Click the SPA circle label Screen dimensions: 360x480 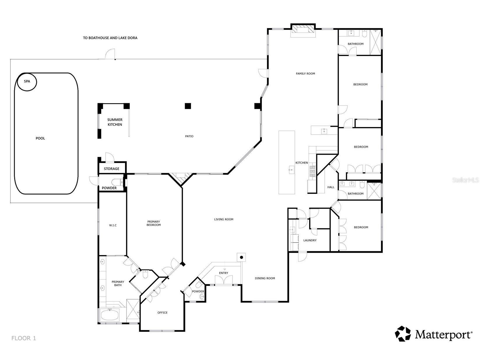coord(27,81)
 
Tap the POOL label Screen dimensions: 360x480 coord(40,138)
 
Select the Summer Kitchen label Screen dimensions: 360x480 coord(115,122)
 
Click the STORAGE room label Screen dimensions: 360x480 coord(111,168)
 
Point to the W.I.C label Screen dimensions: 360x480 coord(113,225)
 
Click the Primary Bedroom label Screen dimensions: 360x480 coord(154,223)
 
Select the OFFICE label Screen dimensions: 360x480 coord(162,312)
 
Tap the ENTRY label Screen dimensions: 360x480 coord(224,273)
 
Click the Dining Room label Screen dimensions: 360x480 coord(265,278)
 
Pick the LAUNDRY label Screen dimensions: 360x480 coord(310,240)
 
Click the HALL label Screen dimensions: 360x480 coord(331,187)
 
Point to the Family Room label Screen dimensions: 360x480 coord(305,73)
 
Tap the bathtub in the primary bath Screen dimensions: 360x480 coord(110,315)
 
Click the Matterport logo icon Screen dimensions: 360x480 coord(403,334)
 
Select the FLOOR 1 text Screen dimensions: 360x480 coord(24,338)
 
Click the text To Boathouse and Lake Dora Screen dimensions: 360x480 coord(110,38)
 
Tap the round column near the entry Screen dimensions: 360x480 coord(242,257)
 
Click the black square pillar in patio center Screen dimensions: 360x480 coord(188,106)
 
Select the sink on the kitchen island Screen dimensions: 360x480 coord(291,169)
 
